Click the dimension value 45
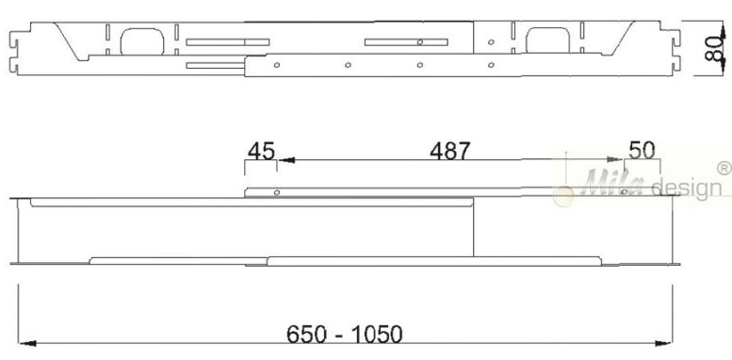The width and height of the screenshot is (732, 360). (x=262, y=152)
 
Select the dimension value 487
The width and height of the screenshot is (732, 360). (x=450, y=152)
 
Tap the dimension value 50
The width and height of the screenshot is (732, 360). (x=642, y=151)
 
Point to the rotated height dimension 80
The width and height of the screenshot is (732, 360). (x=713, y=50)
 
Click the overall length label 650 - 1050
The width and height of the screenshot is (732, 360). (x=344, y=335)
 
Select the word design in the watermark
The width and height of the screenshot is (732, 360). (x=686, y=188)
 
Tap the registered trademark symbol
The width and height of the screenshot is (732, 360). (x=724, y=168)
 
